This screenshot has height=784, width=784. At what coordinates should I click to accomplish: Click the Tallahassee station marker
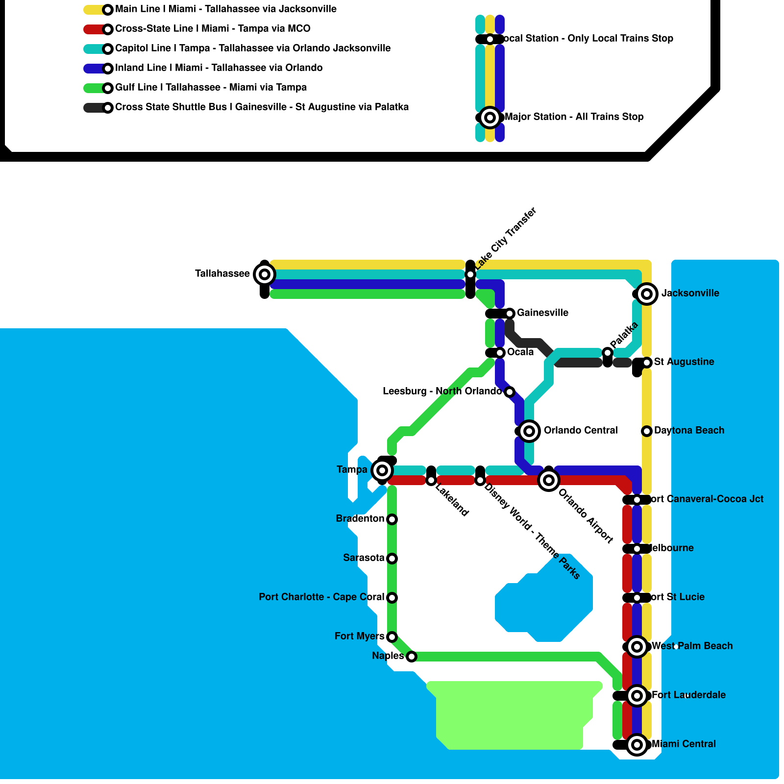(265, 274)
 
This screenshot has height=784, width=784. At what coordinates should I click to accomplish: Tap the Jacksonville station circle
(647, 294)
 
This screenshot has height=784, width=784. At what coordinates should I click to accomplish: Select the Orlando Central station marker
(529, 431)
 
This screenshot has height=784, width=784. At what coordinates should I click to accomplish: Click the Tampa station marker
(382, 470)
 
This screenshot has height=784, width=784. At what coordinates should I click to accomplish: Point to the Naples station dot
(412, 657)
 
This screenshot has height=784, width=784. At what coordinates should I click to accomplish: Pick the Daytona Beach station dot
(647, 431)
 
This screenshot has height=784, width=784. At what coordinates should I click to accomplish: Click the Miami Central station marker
(637, 745)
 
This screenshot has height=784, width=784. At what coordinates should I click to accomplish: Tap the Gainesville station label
(542, 313)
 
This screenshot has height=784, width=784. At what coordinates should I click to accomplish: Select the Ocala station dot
(500, 353)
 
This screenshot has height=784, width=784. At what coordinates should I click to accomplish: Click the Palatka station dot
(608, 353)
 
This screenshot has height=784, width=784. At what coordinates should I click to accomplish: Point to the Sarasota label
(364, 558)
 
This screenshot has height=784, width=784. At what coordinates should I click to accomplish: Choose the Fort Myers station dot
(392, 637)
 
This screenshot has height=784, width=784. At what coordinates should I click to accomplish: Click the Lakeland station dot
(431, 481)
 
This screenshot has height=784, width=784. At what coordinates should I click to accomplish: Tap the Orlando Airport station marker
(549, 480)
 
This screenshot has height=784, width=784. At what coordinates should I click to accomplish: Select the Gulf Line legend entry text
(211, 87)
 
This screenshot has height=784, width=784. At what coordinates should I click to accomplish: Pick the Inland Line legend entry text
(219, 68)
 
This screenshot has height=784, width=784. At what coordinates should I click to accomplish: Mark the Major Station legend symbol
(490, 118)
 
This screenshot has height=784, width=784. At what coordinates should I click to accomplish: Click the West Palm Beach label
(692, 646)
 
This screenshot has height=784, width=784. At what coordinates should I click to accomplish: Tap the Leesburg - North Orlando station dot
(510, 392)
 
